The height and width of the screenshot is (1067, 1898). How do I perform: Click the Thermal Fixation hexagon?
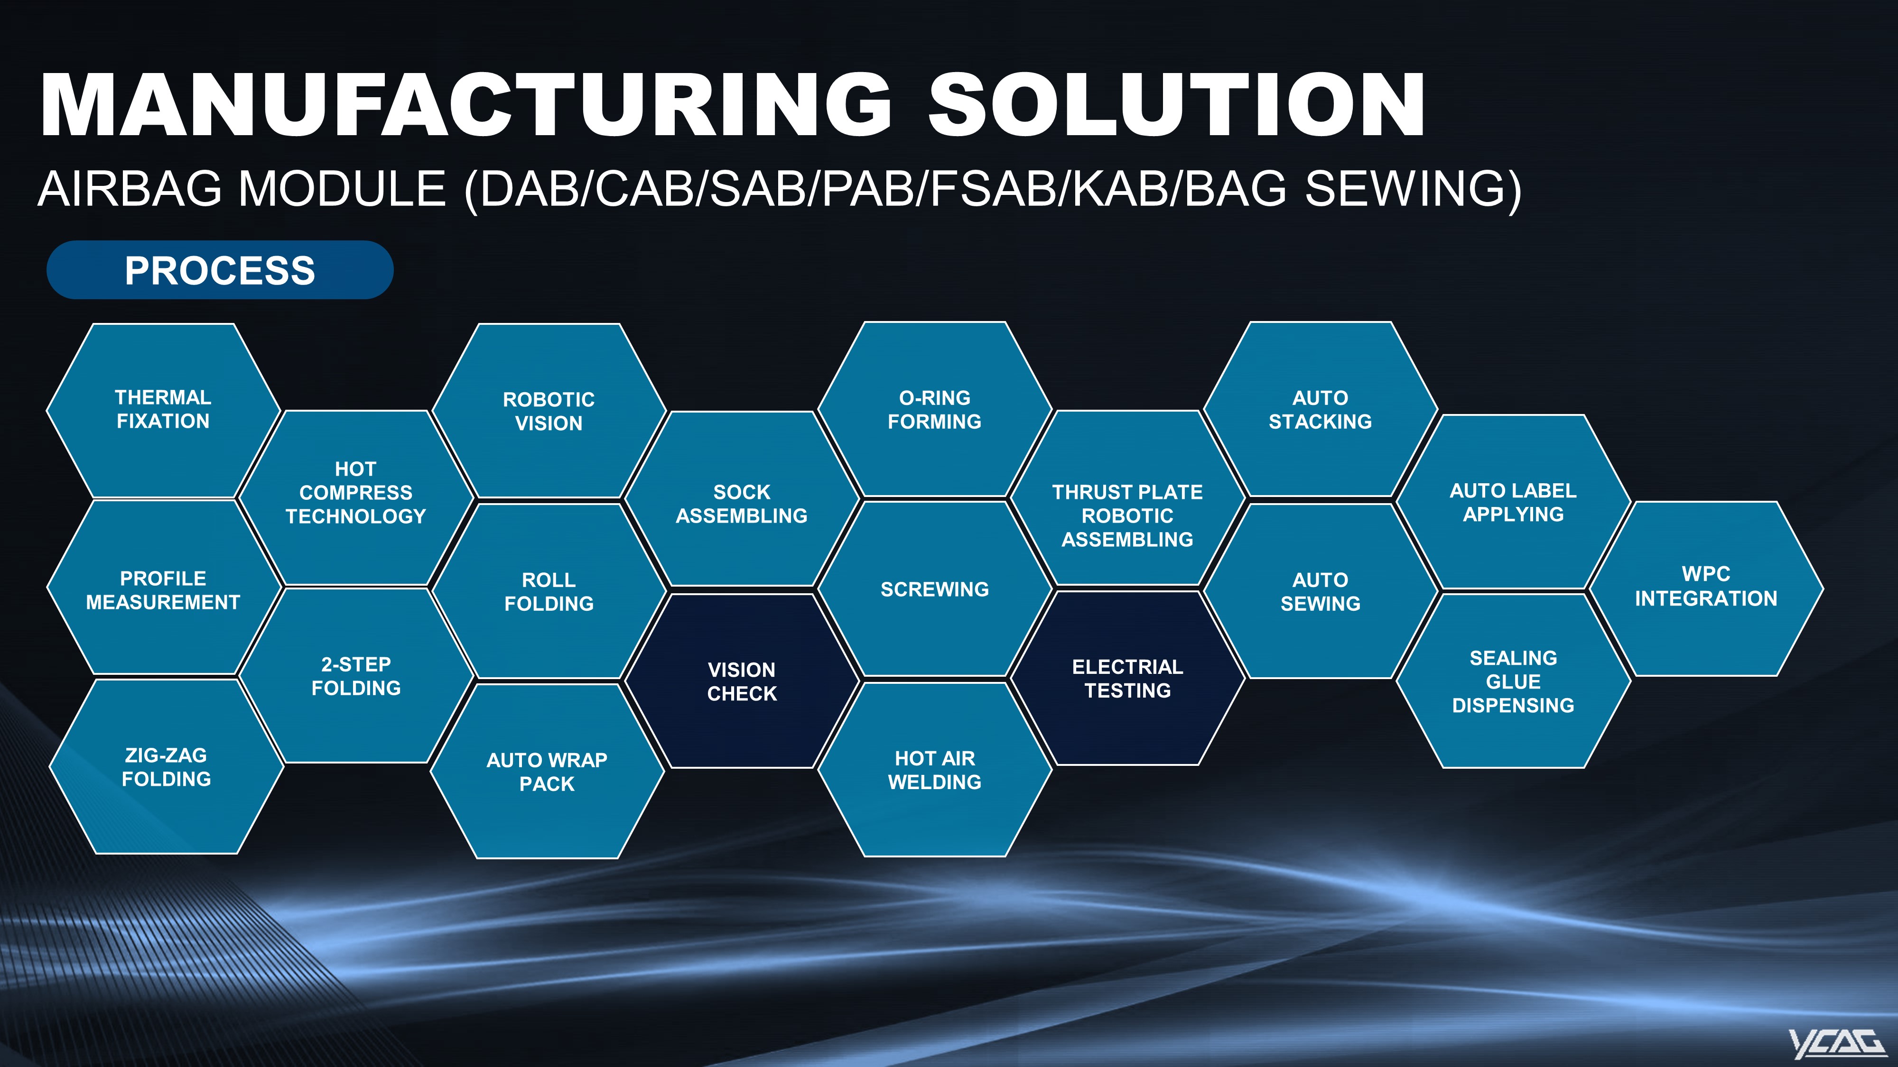163,410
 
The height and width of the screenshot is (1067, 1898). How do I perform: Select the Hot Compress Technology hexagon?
356,498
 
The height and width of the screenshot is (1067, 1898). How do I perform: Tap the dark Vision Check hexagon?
742,681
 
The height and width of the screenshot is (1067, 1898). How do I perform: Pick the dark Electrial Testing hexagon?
1127,678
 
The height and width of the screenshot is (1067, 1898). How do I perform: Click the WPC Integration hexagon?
1706,589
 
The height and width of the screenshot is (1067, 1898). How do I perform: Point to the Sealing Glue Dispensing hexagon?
1513,681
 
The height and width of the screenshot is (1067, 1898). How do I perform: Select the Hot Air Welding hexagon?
934,770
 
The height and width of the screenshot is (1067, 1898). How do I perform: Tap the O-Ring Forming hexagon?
934,409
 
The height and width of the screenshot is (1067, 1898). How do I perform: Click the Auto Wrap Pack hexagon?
547,771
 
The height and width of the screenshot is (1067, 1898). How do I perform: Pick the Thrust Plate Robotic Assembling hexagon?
1127,498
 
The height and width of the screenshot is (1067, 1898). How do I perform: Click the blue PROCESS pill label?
220,269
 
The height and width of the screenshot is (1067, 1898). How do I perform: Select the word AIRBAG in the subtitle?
130,189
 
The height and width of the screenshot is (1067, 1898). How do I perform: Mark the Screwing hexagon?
934,589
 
